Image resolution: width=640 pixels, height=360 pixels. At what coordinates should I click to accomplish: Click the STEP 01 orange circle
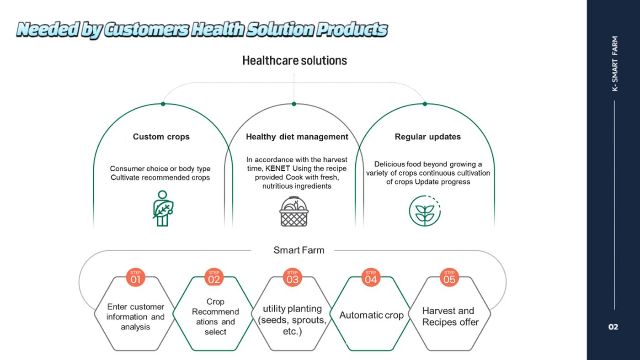(135, 277)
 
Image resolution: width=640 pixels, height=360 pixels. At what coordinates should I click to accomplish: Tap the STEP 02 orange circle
(214, 277)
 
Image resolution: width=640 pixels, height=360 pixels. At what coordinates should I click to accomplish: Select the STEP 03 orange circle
(292, 277)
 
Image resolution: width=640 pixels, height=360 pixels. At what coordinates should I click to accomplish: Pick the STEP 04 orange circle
(371, 277)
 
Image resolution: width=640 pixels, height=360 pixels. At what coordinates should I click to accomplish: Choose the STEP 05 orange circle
(449, 277)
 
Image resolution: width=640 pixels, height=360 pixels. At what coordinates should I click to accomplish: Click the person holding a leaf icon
(163, 208)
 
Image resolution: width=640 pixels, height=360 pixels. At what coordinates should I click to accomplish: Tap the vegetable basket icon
(294, 211)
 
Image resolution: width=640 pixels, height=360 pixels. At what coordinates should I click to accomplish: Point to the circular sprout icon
(425, 211)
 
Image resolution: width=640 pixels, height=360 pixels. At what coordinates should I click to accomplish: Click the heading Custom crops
(161, 137)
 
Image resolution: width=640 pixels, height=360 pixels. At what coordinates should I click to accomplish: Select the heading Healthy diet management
(297, 137)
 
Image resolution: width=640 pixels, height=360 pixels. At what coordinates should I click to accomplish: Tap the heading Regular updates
(428, 137)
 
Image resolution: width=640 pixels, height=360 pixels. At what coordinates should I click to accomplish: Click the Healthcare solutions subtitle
(294, 60)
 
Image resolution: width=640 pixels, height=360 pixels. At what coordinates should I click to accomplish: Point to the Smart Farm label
(299, 250)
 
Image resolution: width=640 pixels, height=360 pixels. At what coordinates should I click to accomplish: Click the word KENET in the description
(278, 169)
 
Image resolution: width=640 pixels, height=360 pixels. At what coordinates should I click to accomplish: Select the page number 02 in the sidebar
(613, 327)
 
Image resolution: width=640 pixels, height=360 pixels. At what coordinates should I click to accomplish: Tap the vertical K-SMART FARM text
(615, 64)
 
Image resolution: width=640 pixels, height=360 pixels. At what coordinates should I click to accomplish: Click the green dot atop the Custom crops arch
(163, 104)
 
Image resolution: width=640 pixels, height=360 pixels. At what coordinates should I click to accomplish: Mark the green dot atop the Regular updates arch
(425, 104)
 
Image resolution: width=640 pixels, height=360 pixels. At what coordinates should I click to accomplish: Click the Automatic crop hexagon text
(371, 315)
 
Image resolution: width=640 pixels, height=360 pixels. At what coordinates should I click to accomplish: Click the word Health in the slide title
(218, 29)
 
